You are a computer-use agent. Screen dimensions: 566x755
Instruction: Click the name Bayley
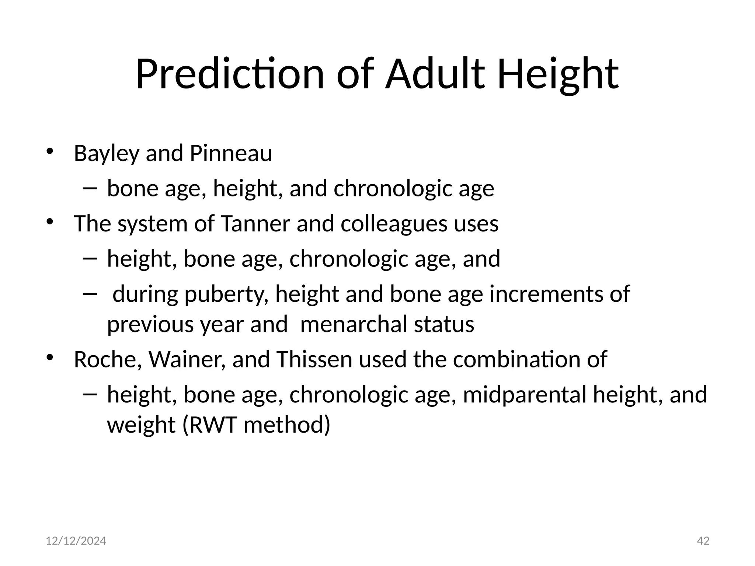click(x=106, y=154)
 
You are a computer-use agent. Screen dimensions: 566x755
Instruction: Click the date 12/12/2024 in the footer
click(x=76, y=541)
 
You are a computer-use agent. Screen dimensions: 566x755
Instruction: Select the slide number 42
click(x=703, y=541)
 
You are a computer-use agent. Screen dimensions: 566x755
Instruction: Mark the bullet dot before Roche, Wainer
click(x=50, y=357)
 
